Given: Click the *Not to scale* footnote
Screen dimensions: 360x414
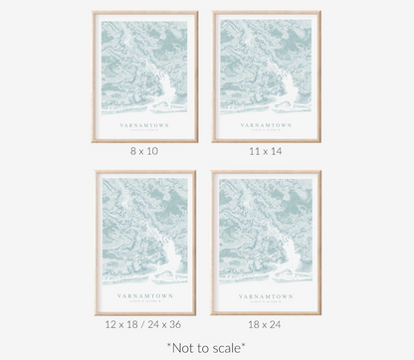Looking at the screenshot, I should [x=207, y=347].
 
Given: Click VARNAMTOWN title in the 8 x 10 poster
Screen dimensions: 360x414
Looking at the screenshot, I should [x=145, y=126].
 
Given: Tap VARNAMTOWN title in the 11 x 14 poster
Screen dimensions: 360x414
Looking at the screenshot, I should [x=266, y=126].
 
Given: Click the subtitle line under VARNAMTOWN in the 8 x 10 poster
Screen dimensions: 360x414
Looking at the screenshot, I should [x=145, y=132].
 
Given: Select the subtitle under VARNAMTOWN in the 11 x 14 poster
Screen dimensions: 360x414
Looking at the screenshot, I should [x=266, y=132].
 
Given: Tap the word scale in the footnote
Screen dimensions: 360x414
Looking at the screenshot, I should [x=228, y=347].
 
